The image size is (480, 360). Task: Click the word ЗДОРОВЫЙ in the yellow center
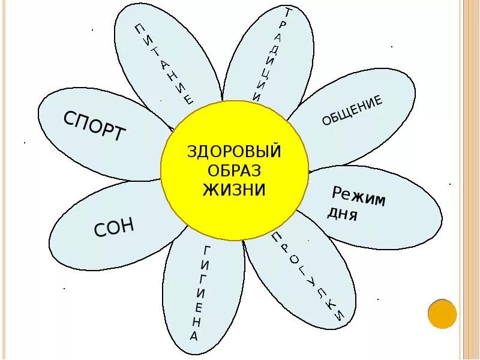pos(235,151)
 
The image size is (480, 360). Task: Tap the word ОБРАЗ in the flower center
pos(235,170)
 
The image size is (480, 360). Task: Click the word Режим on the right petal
pos(359,196)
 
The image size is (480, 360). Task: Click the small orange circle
pos(442,314)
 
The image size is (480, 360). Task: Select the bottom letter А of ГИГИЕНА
pos(194,337)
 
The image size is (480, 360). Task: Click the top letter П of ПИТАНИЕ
pos(139,28)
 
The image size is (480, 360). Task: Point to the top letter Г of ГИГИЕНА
pos(207,249)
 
